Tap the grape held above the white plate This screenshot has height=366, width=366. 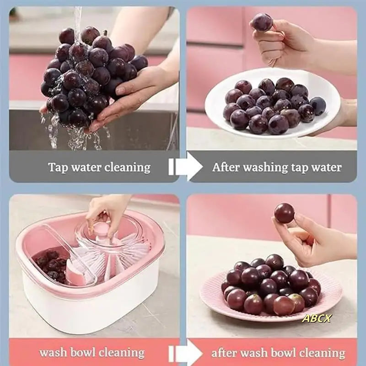click(262, 22)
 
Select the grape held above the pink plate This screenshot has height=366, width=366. click(284, 213)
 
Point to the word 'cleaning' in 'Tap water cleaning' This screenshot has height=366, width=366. click(127, 167)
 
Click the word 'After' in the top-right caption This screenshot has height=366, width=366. click(226, 167)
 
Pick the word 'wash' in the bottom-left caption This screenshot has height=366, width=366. click(54, 353)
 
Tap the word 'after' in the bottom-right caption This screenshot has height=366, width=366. click(224, 353)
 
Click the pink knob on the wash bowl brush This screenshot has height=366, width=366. click(102, 228)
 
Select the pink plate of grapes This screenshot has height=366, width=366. click(270, 293)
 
